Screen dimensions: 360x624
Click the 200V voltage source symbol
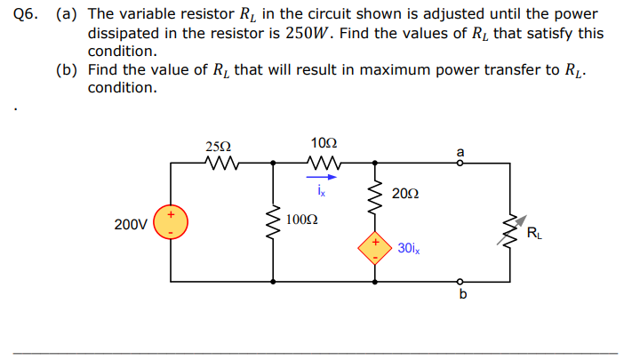pyautogui.click(x=171, y=222)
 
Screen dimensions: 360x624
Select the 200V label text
pyautogui.click(x=131, y=224)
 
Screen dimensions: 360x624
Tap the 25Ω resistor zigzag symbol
pyautogui.click(x=219, y=163)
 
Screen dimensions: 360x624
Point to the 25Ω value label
pyautogui.click(x=218, y=146)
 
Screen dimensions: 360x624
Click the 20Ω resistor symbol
pyautogui.click(x=374, y=195)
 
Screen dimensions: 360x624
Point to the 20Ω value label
pyautogui.click(x=404, y=194)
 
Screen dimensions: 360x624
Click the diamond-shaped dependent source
pyautogui.click(x=374, y=247)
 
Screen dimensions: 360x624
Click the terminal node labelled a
pyautogui.click(x=460, y=163)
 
